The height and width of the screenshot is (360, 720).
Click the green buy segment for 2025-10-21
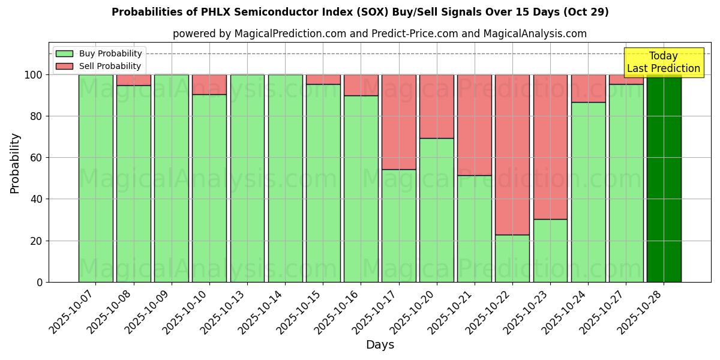coord(474,229)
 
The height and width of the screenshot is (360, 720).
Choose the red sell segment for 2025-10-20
coord(436,106)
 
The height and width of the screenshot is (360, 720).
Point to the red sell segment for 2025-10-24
coord(588,88)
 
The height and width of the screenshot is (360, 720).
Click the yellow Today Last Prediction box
coord(664,62)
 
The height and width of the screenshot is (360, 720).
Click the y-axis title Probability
coord(15,163)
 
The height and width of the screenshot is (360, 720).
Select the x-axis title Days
coord(380,345)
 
